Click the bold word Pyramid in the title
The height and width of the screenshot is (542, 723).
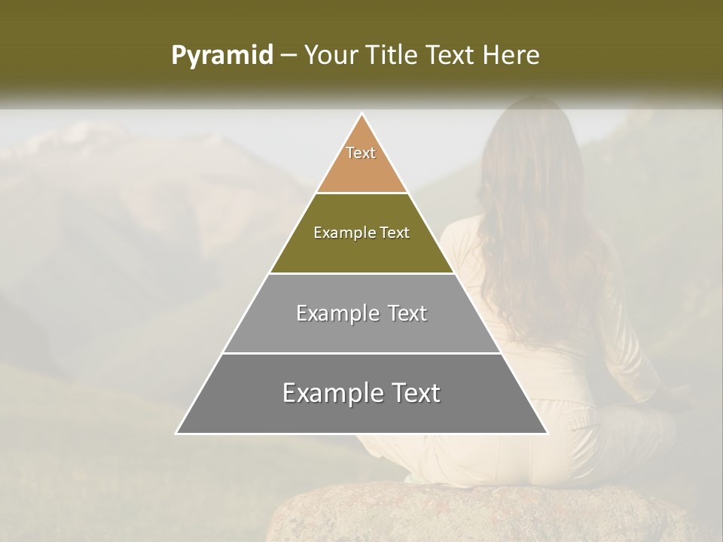[221, 56]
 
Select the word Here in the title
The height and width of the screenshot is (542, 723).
[513, 56]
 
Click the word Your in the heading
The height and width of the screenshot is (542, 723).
[332, 56]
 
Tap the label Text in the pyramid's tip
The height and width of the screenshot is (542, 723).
[361, 153]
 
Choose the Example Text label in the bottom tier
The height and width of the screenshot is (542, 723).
[361, 393]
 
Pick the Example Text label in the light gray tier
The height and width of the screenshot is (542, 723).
[361, 313]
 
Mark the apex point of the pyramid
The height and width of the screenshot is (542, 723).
[362, 114]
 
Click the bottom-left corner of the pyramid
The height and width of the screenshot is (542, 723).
[177, 433]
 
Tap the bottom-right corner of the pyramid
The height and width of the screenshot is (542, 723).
[547, 433]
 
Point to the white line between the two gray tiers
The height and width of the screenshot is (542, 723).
[361, 353]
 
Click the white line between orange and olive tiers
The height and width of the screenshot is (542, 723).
[361, 193]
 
